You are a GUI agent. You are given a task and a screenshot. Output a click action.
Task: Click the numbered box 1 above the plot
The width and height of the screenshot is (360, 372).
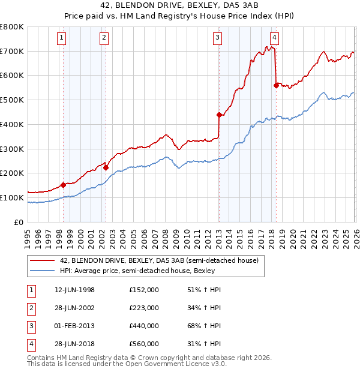tap(62, 38)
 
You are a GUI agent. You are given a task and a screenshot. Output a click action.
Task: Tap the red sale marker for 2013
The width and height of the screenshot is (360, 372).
tap(220, 115)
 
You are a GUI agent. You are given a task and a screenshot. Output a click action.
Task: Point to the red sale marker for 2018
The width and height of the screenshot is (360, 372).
tap(276, 85)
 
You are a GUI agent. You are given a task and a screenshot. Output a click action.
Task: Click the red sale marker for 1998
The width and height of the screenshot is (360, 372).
tap(63, 185)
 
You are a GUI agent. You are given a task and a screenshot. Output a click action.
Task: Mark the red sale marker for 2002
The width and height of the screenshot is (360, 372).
tap(106, 167)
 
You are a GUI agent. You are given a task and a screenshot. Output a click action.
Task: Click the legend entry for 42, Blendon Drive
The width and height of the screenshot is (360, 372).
tap(159, 260)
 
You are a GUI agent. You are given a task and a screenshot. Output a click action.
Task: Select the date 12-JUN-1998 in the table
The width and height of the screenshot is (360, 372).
tap(74, 290)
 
